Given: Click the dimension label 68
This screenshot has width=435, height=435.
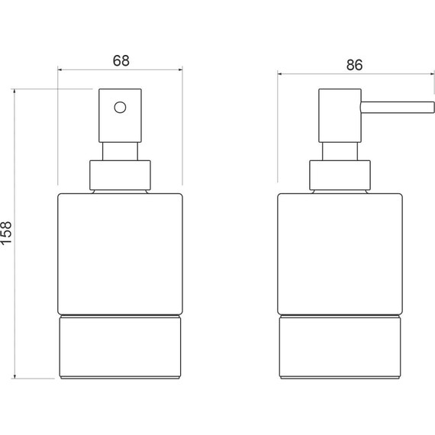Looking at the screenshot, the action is [121, 61].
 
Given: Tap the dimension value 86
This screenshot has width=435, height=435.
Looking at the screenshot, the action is [354, 65].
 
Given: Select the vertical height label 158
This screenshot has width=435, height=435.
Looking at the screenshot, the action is [6, 233].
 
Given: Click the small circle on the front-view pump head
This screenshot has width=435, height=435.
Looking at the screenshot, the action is [120, 108].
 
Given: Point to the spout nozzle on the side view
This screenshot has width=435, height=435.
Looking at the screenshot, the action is [398, 108].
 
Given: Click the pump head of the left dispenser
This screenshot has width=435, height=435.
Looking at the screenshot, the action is [120, 115].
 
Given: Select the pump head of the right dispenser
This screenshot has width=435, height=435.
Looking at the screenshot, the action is [340, 115].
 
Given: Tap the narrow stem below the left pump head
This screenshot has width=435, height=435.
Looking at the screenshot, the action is [120, 151].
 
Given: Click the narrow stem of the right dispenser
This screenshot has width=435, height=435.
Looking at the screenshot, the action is [340, 151].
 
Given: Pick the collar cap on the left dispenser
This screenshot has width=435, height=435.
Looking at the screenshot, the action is [120, 176].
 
